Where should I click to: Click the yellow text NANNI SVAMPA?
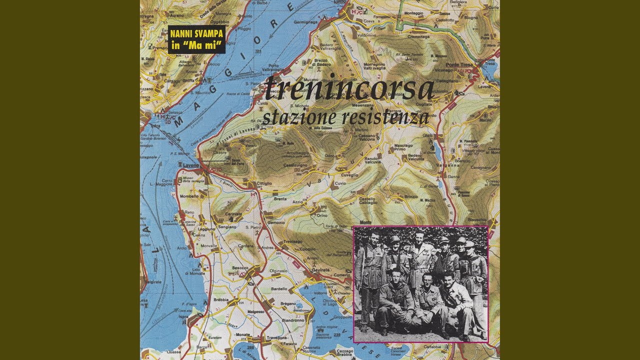[x=196, y=34]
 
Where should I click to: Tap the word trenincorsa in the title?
[x=348, y=88]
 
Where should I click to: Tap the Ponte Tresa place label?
[x=459, y=65]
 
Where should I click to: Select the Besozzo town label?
[x=240, y=268]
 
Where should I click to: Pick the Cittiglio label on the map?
[x=264, y=183]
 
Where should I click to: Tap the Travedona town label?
[x=277, y=338]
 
